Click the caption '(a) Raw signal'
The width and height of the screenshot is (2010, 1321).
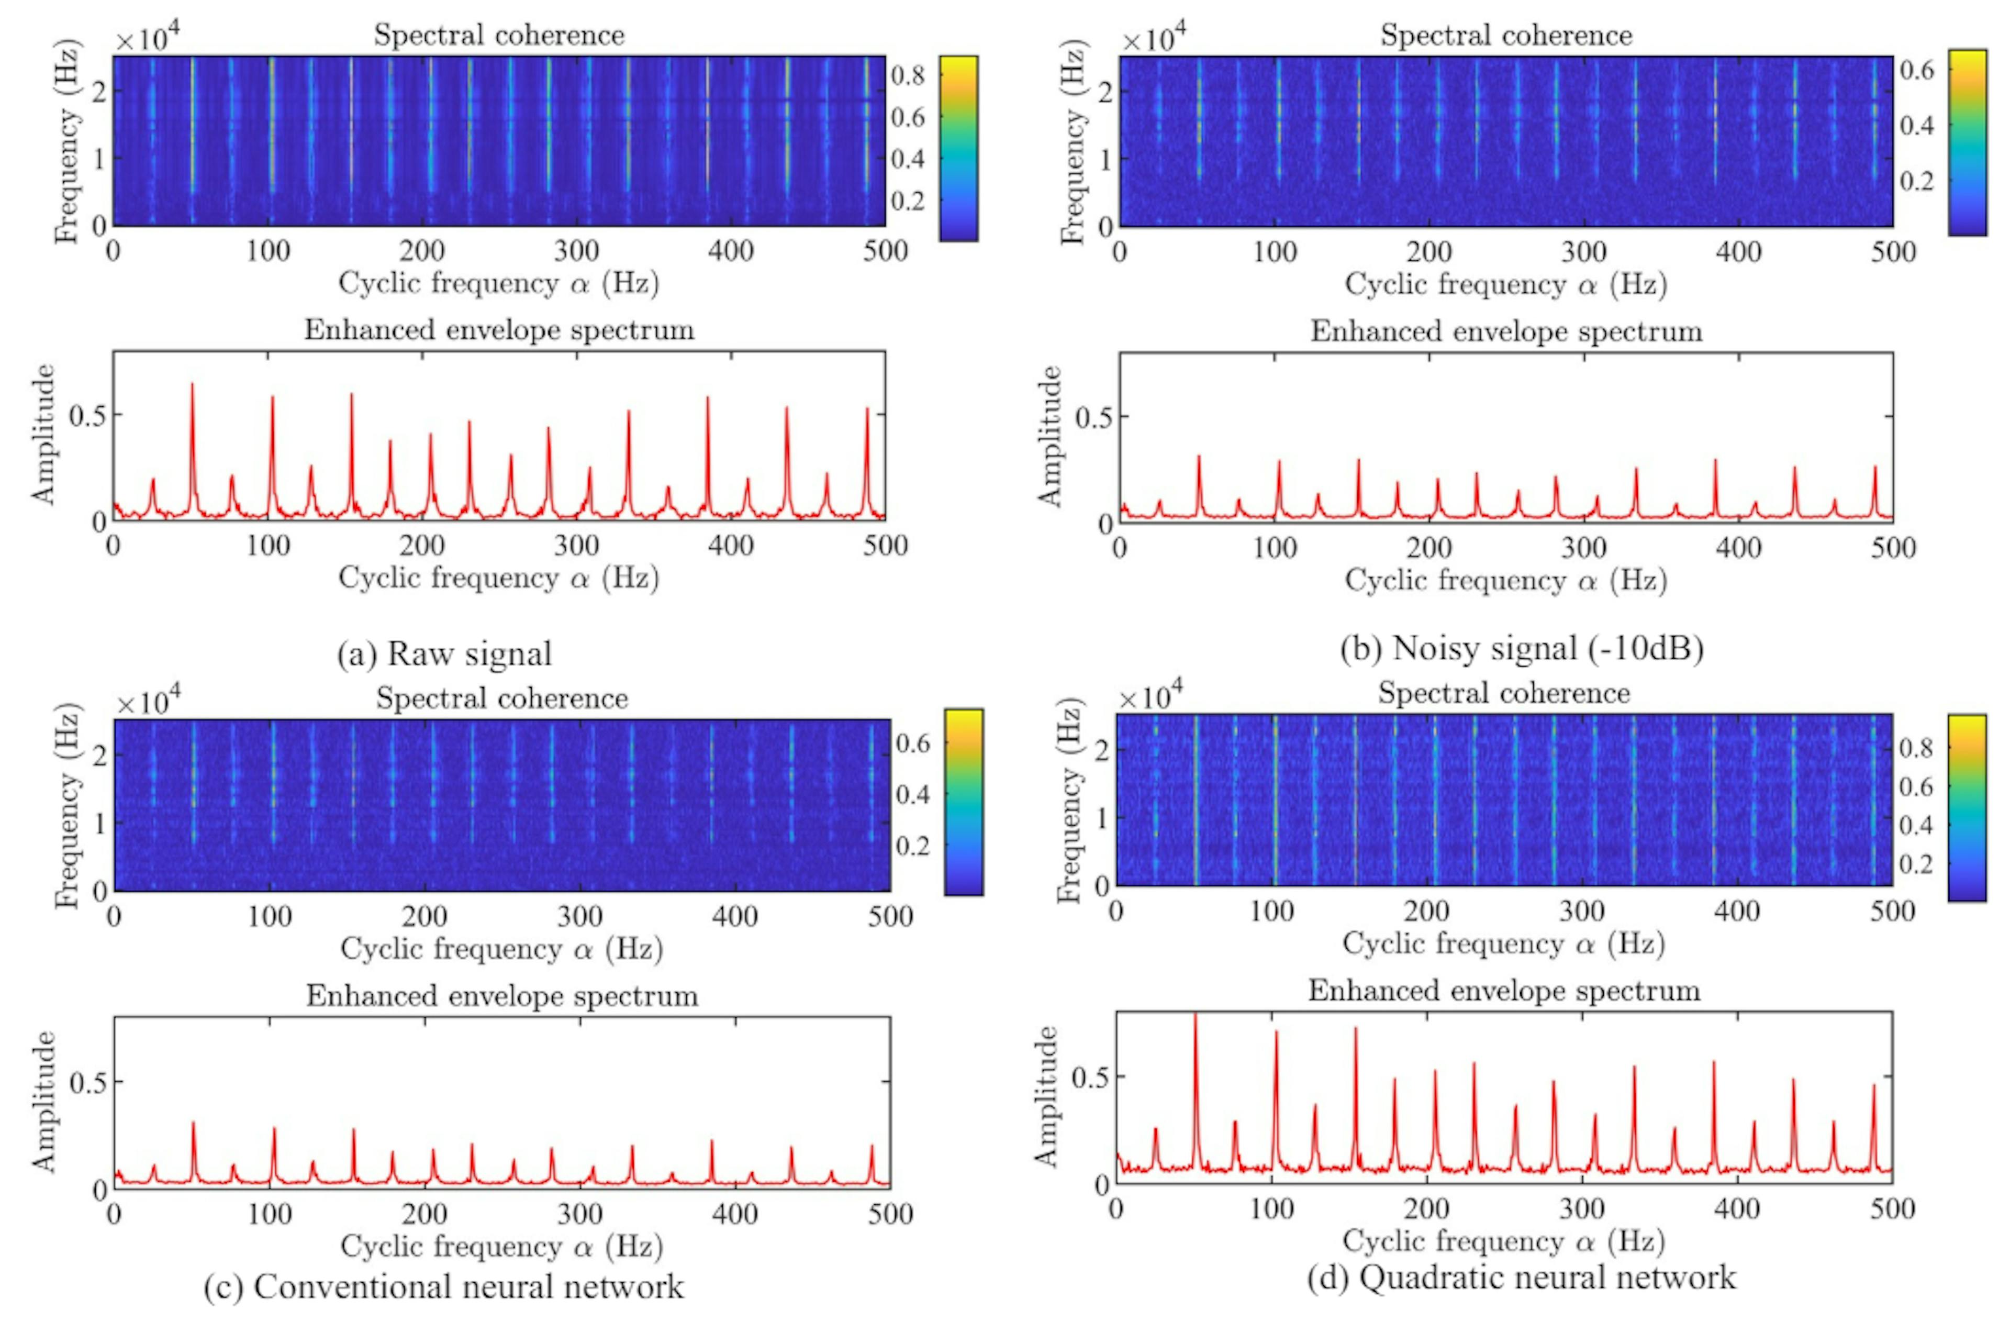444,654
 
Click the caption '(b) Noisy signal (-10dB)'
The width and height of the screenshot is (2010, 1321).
1522,648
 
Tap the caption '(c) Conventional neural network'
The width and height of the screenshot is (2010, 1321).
444,1286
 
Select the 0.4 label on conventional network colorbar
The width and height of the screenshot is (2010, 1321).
912,794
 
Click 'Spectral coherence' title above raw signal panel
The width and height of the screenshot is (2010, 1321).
499,36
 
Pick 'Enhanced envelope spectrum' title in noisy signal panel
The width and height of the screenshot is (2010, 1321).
1506,331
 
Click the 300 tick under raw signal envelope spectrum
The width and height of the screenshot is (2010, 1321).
577,546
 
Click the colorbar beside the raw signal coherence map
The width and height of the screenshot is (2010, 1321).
958,149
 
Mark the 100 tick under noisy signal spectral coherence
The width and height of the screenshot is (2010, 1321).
1275,252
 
